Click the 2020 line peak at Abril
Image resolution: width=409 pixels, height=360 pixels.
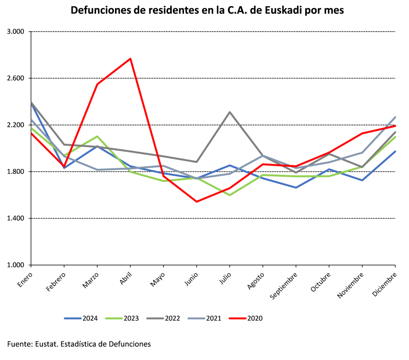coord(130,59)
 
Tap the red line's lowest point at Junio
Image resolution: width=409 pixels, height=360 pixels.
coord(197,201)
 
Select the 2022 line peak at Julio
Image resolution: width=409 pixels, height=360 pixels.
coord(230,112)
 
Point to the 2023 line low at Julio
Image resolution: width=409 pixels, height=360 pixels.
coord(230,195)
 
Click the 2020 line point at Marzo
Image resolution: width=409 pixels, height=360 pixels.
coord(97,84)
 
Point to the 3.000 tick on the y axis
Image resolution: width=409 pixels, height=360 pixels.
coord(16,32)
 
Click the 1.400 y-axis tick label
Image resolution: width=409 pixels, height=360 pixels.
coord(16,218)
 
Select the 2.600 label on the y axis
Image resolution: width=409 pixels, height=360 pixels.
coord(16,78)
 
